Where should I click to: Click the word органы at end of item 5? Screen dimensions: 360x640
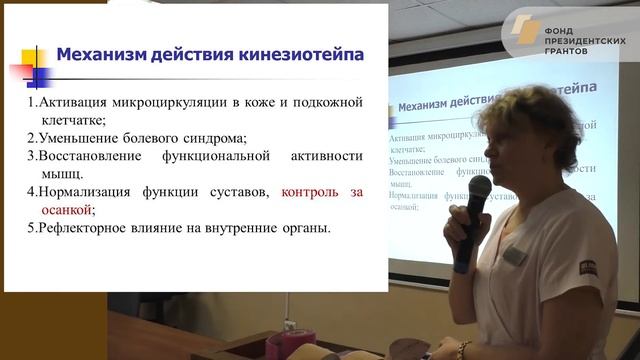(305, 229)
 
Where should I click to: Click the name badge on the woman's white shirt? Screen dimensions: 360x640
(513, 256)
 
